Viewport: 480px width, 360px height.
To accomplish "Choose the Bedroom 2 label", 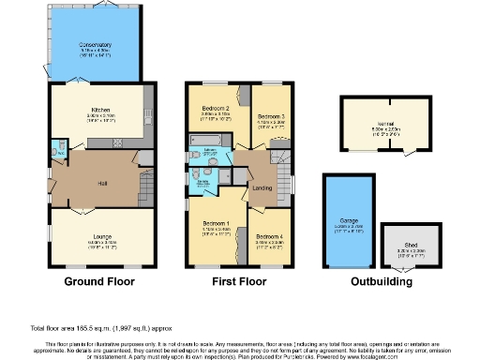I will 216,109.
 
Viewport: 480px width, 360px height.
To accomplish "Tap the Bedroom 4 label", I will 270,236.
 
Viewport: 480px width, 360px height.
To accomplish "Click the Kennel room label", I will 386,123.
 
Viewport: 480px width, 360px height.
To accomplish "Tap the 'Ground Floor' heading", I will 98,281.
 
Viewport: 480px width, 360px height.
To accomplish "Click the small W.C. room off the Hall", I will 58,147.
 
